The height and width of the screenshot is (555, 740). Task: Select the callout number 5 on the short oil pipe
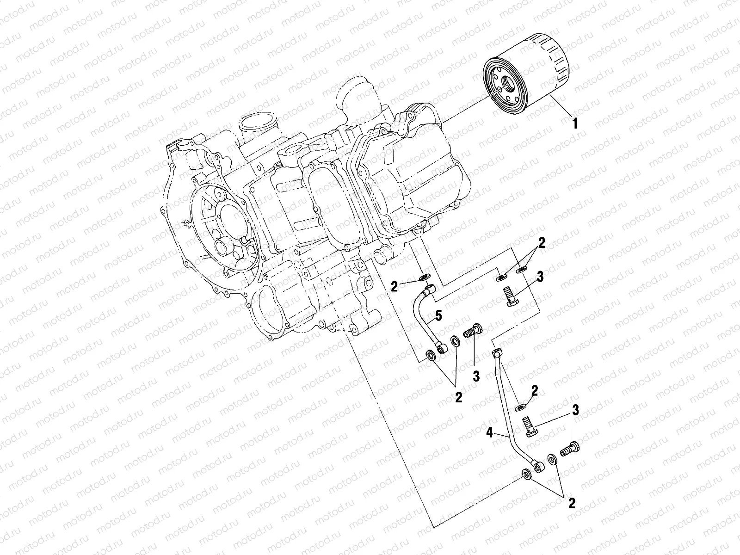pyautogui.click(x=438, y=317)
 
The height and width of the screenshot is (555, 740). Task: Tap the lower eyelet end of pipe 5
pyautogui.click(x=443, y=348)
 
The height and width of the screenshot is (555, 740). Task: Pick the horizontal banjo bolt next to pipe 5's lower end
pyautogui.click(x=472, y=331)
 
